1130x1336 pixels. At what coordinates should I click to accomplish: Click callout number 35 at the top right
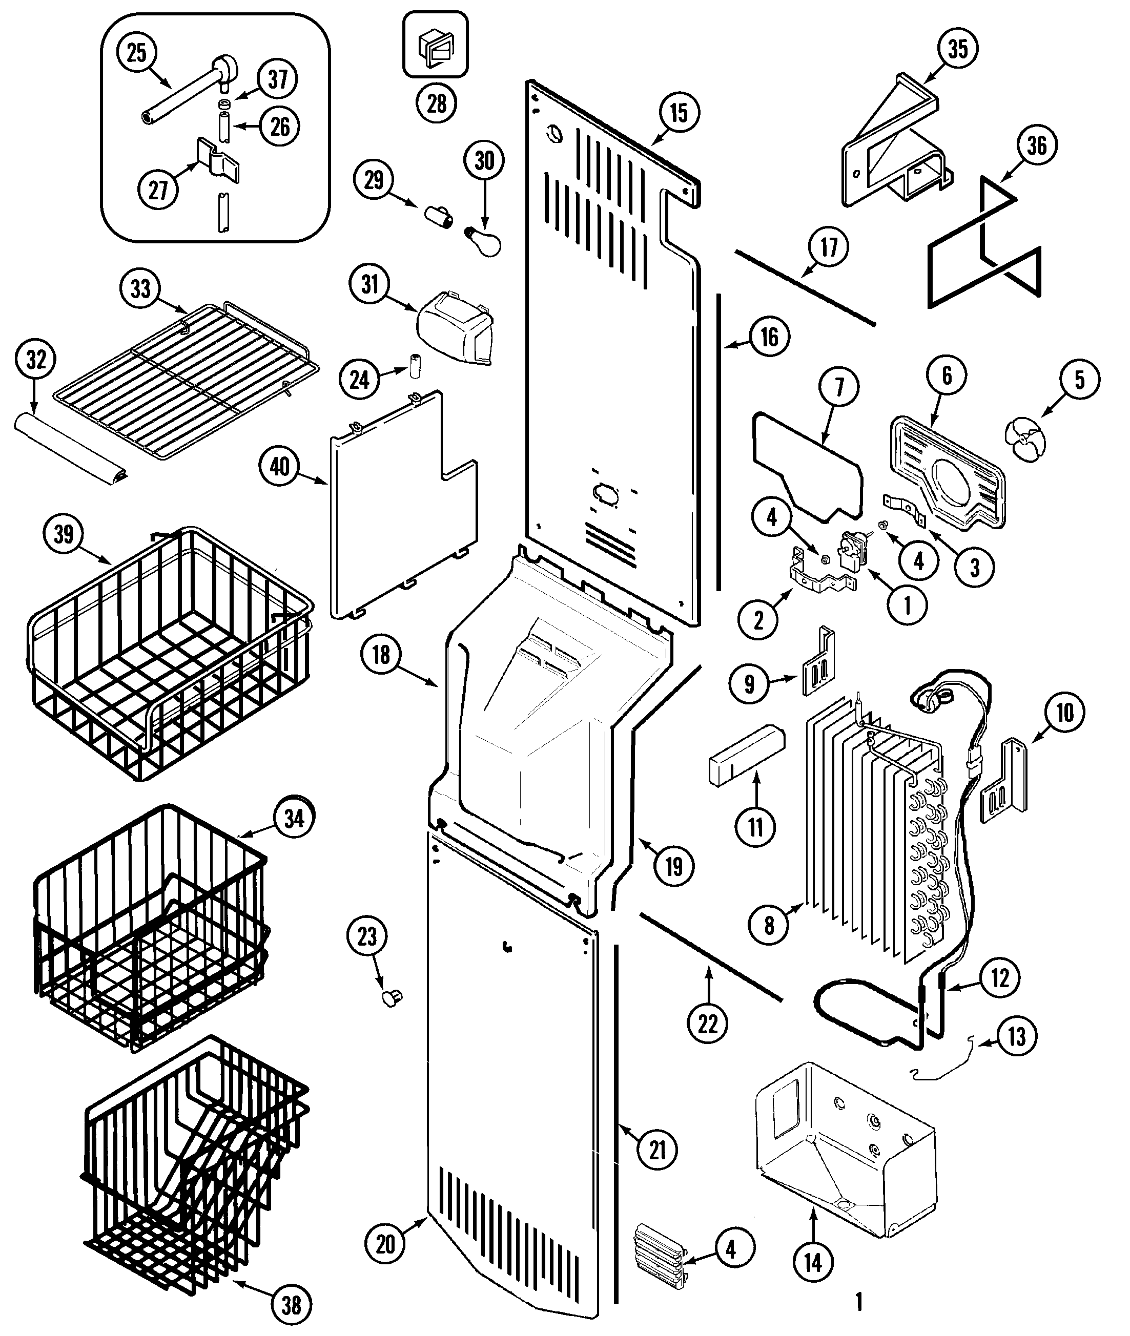(x=958, y=49)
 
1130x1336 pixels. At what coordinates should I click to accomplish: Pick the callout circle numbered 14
(x=813, y=1262)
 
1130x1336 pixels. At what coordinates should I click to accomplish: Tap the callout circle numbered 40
(x=279, y=467)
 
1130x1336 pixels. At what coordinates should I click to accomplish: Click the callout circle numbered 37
(x=277, y=80)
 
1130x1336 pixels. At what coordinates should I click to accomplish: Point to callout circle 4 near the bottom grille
(x=731, y=1249)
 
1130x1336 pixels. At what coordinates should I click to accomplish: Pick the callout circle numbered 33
(x=140, y=289)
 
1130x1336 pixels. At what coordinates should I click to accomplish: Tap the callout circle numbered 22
(x=708, y=1024)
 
